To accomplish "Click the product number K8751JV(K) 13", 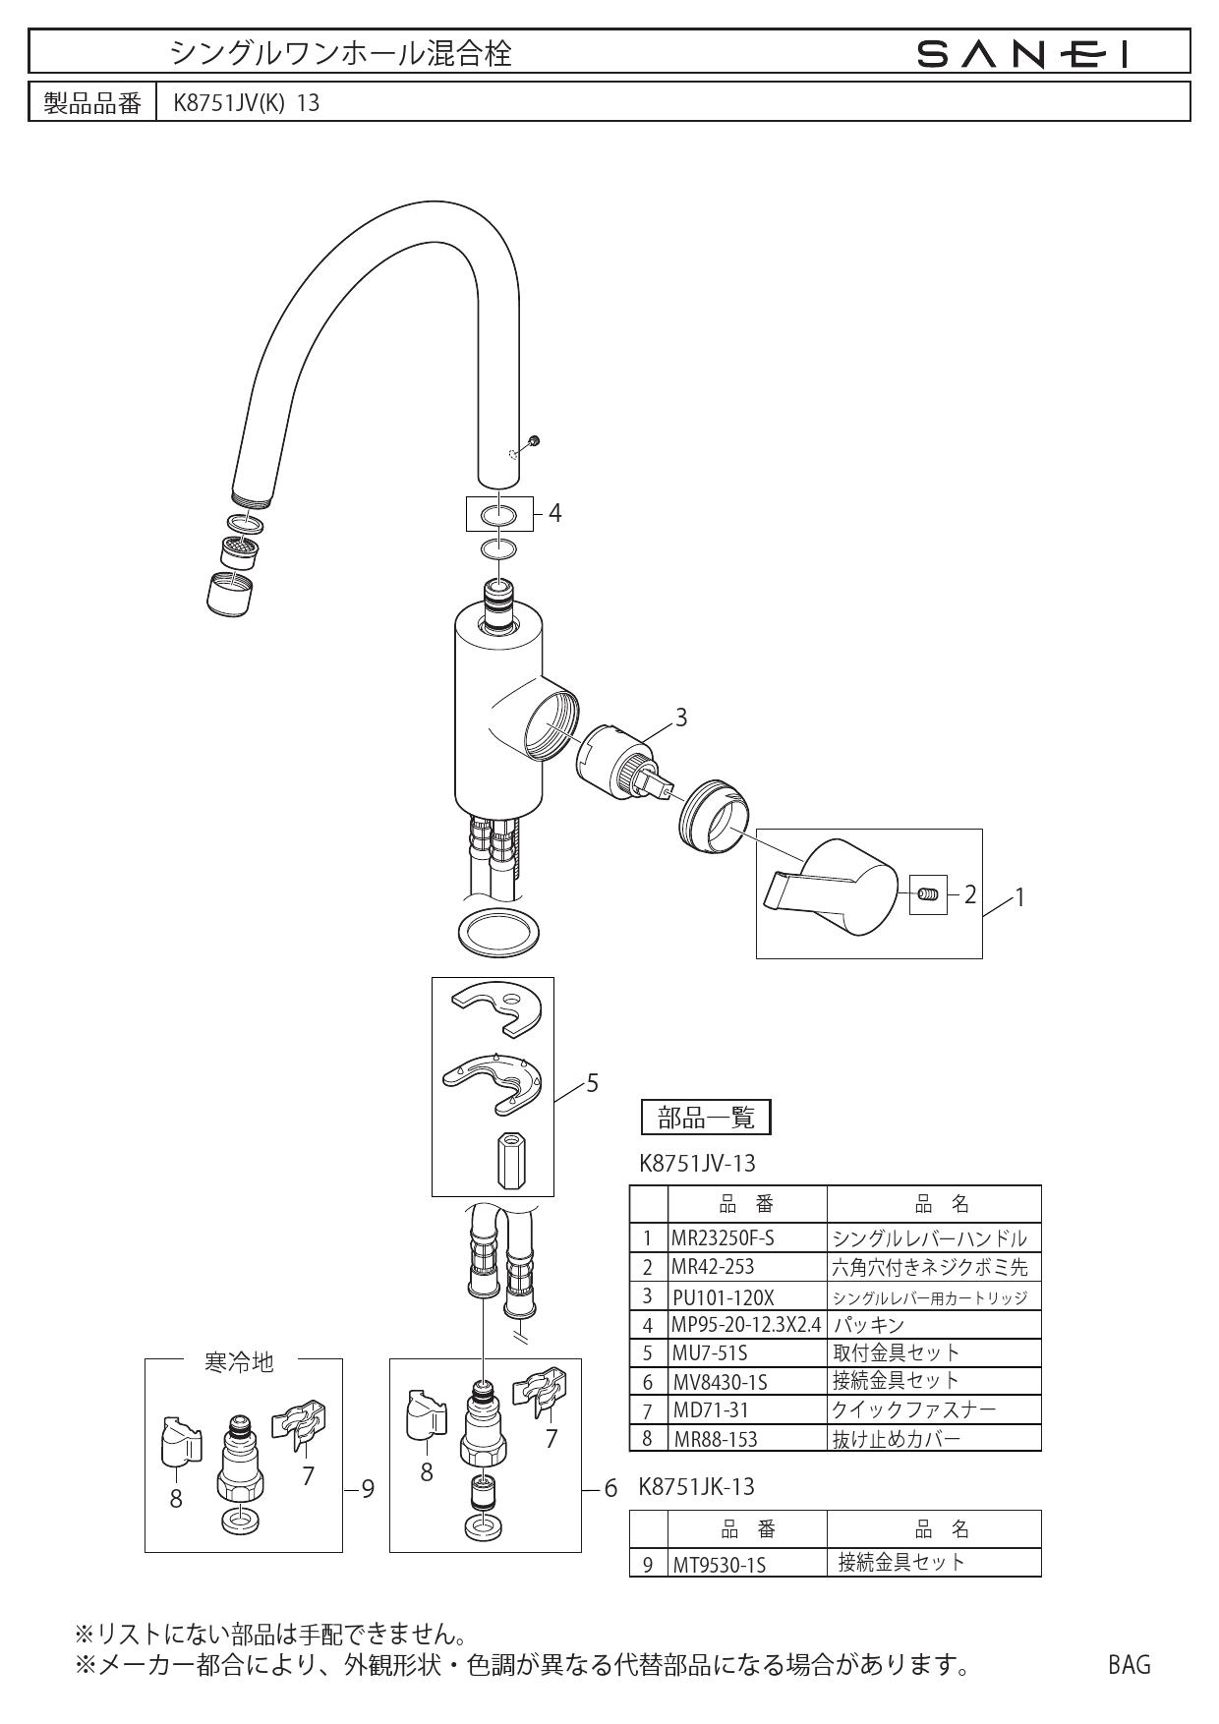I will [246, 103].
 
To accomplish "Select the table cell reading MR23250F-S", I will [724, 1238].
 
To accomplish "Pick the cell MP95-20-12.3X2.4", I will [746, 1325].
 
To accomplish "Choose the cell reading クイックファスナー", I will [913, 1410].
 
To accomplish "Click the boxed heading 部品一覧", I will [705, 1117].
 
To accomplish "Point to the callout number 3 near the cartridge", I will [680, 718].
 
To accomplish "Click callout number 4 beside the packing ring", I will [554, 513].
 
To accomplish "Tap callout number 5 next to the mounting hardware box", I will [592, 1083].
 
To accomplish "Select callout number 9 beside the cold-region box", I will [367, 1490].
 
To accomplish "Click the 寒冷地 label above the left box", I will [239, 1362].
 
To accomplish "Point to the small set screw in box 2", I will [928, 894].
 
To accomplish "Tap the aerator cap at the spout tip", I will [231, 593].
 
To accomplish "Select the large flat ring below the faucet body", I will [500, 930].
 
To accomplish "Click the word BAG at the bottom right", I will [1129, 1664].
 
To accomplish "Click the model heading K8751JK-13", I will [697, 1487].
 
